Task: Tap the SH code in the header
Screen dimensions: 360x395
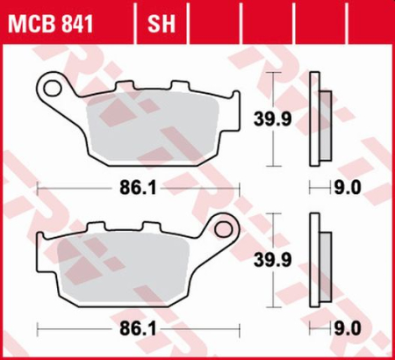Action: click(158, 19)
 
